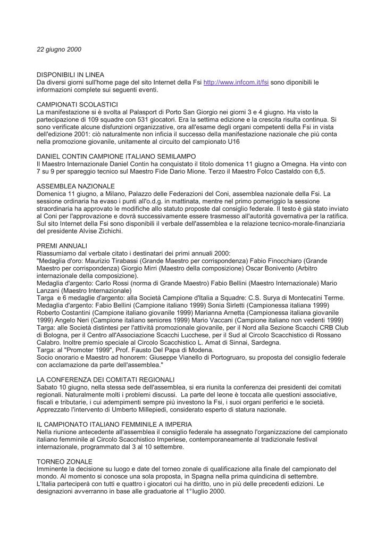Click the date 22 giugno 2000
point(59,49)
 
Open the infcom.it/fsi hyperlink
point(236,82)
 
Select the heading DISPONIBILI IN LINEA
point(70,75)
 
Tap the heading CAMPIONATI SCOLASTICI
point(77,105)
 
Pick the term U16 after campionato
point(297,142)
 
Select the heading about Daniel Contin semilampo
point(116,157)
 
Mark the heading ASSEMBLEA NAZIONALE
point(76,186)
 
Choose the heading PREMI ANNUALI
point(62,246)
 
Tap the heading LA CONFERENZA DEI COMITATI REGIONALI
point(105,380)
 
